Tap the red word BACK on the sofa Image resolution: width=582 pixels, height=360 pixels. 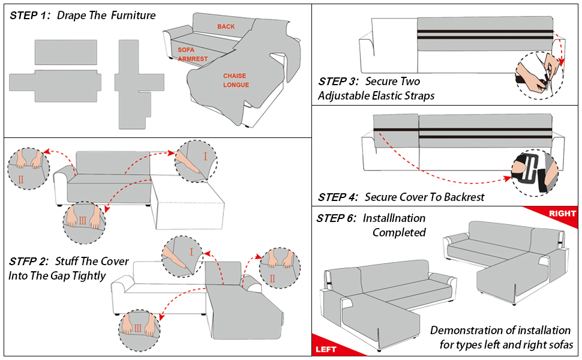click(x=226, y=26)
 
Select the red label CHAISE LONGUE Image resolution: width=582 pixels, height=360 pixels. click(x=236, y=80)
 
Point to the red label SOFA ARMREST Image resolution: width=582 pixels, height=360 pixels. click(x=192, y=54)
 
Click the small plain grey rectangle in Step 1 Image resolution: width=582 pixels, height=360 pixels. click(x=66, y=52)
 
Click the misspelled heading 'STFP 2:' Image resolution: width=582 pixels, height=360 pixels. click(x=29, y=262)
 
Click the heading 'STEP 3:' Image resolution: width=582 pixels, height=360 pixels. click(x=338, y=82)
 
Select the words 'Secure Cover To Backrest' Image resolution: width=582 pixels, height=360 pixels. click(x=424, y=197)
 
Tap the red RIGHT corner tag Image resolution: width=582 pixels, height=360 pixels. click(x=562, y=214)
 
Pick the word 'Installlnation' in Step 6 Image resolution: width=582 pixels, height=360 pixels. click(x=394, y=218)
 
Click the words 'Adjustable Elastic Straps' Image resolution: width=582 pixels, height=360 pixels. click(x=376, y=96)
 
